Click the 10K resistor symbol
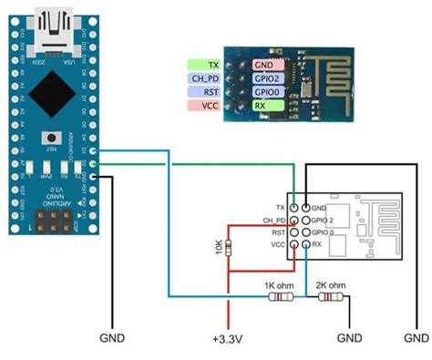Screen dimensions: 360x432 click(228, 247)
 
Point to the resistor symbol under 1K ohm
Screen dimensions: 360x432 click(278, 295)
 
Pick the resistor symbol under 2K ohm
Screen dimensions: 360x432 click(333, 295)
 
